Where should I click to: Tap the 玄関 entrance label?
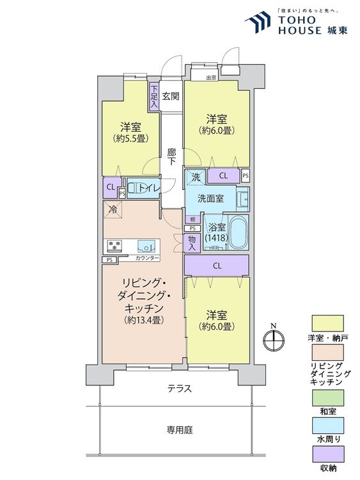tap(170, 97)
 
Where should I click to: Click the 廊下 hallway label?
tap(171, 157)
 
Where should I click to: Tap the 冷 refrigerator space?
tap(113, 209)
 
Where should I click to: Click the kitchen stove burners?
tap(114, 246)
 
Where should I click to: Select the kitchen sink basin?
tap(147, 246)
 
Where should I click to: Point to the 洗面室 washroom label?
tap(210, 199)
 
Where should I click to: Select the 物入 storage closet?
tap(191, 242)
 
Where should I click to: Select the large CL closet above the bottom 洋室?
tap(217, 266)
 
